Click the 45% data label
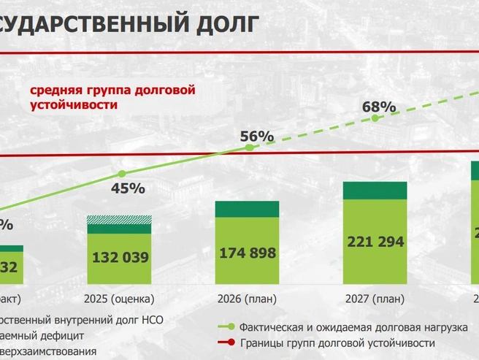click(x=128, y=188)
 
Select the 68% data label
click(x=379, y=107)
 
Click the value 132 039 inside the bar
click(x=120, y=258)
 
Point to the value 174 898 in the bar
click(x=248, y=253)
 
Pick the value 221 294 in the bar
click(x=375, y=241)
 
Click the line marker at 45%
click(x=121, y=174)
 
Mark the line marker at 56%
click(x=248, y=148)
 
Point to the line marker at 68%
click(x=375, y=118)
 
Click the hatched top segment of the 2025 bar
click(x=120, y=220)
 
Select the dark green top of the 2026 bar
click(x=248, y=208)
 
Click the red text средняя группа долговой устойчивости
click(x=113, y=97)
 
